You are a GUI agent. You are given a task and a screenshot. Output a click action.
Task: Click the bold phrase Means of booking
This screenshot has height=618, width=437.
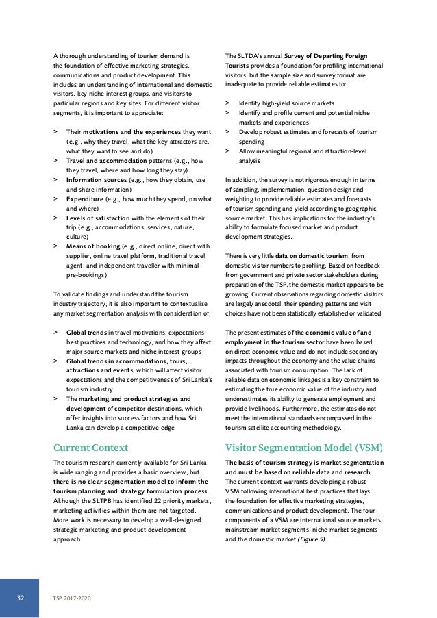[94, 244]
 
